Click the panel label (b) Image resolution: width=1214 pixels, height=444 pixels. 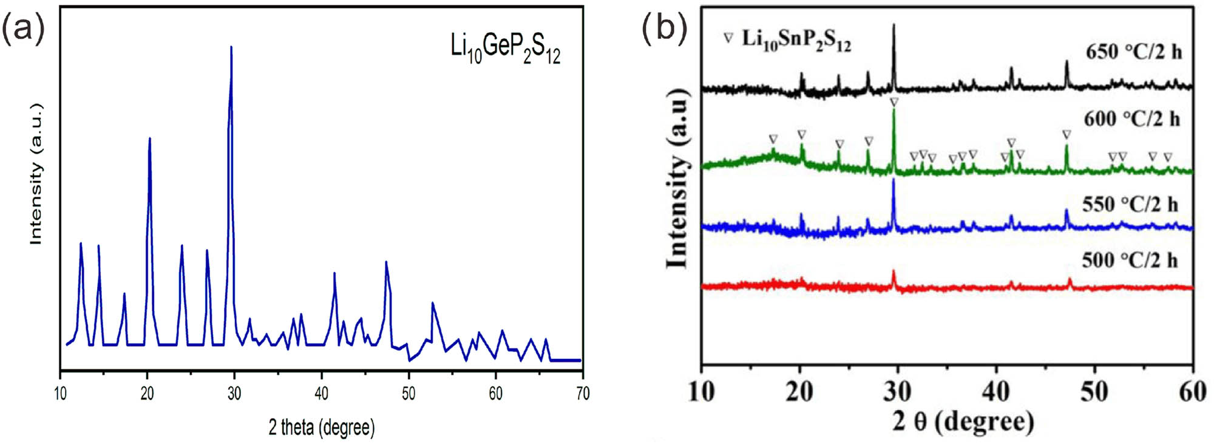click(665, 27)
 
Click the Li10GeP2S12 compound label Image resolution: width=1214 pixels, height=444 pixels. click(505, 48)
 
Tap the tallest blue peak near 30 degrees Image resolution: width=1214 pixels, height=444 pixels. click(231, 47)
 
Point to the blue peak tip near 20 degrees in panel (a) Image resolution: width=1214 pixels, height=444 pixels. click(149, 139)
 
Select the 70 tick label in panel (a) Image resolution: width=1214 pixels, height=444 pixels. click(582, 394)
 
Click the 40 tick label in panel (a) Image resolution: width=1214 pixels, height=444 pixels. click(321, 394)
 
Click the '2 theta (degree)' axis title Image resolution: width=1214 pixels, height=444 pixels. click(321, 427)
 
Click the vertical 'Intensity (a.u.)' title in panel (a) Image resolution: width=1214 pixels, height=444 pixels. click(36, 174)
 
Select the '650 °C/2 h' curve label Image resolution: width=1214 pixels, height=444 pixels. click(1133, 52)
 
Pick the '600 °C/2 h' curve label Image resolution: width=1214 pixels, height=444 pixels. click(1132, 119)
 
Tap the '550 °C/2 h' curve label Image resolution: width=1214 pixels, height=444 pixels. click(1130, 204)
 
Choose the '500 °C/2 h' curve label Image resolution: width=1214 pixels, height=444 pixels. click(1130, 261)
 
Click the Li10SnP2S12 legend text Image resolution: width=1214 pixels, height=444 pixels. click(796, 40)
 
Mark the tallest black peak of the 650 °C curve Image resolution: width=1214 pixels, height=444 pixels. click(894, 26)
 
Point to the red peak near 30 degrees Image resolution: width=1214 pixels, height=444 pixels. click(894, 272)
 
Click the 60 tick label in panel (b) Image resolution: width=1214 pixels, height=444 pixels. click(1192, 392)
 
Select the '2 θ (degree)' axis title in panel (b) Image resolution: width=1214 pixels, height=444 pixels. click(963, 421)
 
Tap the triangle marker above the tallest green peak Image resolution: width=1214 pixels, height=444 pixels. click(894, 103)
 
